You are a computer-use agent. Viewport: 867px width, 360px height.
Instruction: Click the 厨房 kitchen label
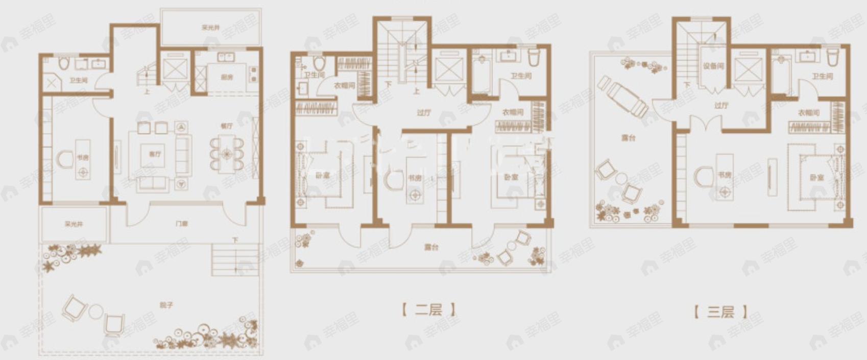click(227, 78)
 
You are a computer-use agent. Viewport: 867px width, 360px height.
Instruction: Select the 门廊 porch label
click(181, 224)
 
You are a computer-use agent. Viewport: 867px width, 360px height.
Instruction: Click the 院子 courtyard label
click(167, 305)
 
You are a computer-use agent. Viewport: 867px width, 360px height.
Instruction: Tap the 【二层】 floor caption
click(428, 310)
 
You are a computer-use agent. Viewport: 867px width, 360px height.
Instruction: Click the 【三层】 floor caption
click(720, 311)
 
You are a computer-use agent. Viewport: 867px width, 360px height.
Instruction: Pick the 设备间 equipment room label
click(713, 66)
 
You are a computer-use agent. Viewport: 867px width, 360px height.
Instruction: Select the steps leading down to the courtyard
click(225, 258)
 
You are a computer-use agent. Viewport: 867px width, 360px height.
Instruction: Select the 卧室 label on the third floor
click(816, 178)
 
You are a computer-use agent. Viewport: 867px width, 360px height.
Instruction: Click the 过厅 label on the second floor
click(424, 113)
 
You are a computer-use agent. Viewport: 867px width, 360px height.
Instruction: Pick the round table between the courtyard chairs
click(95, 311)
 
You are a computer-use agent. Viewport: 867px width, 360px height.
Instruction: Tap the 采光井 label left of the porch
click(74, 224)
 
